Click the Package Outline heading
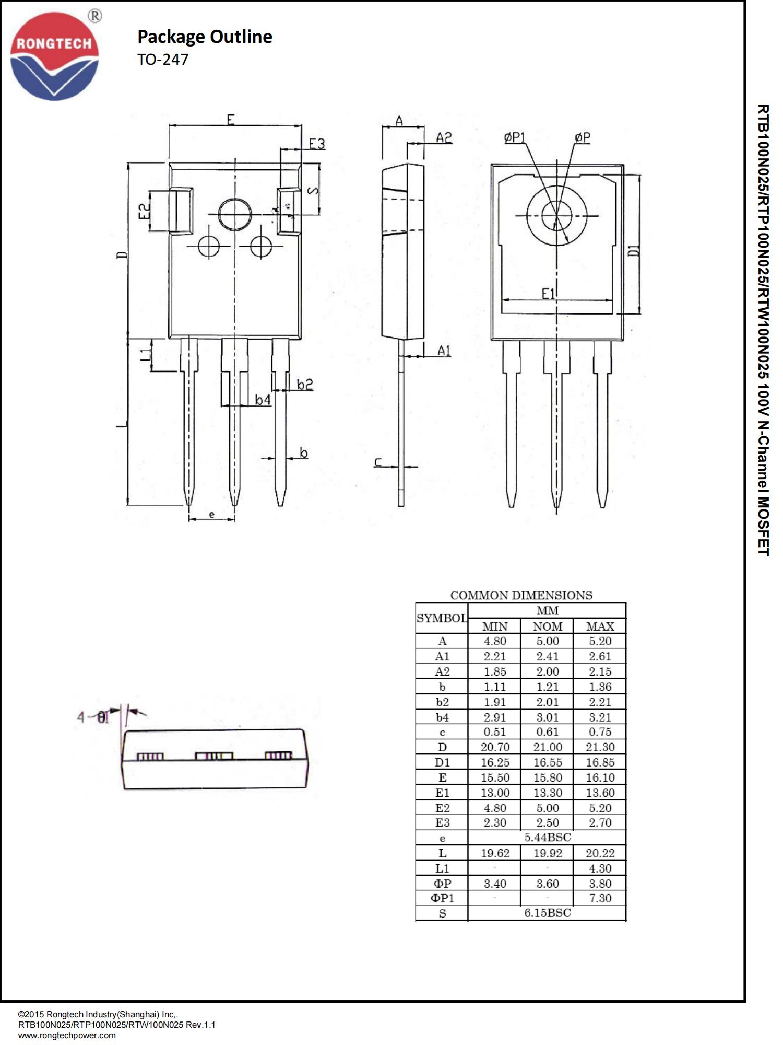(x=205, y=37)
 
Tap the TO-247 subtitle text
(x=163, y=60)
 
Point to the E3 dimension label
(x=316, y=143)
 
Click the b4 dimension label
(x=263, y=400)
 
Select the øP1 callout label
(x=515, y=137)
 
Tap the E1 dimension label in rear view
(x=549, y=294)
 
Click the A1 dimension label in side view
(x=444, y=351)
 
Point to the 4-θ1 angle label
(x=93, y=717)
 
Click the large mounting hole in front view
(x=235, y=214)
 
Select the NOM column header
(x=547, y=626)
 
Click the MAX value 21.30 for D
(x=600, y=748)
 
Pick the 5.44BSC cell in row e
(x=547, y=838)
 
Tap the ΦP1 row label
(x=442, y=898)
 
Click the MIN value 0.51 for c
(x=494, y=733)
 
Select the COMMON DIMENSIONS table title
(x=521, y=596)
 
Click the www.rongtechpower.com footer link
(x=67, y=1035)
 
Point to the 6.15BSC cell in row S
(x=547, y=913)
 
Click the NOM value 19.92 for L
(x=547, y=853)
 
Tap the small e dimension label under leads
(x=211, y=515)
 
